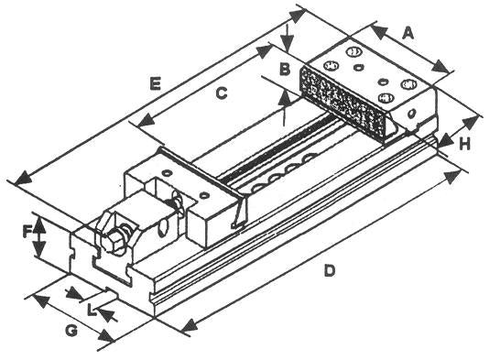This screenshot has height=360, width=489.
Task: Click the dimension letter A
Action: [408, 32]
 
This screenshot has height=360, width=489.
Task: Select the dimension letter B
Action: [285, 69]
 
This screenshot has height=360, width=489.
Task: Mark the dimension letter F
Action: [27, 231]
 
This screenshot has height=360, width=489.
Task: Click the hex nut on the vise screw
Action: [113, 239]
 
